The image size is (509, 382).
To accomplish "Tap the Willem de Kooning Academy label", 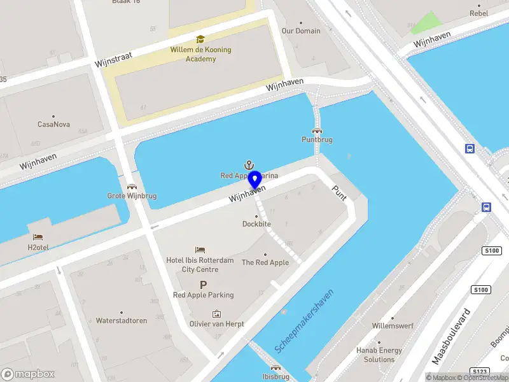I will click(201, 54).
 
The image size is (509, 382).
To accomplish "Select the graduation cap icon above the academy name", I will click(200, 39).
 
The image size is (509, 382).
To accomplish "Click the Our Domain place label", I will click(301, 31).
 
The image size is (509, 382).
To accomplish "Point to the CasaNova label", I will click(53, 125).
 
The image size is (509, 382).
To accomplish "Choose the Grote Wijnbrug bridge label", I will click(132, 196).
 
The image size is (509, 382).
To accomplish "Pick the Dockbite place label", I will click(256, 224).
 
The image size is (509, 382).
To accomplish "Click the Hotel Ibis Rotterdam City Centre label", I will click(200, 264).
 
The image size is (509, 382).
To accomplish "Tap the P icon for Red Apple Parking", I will click(203, 285).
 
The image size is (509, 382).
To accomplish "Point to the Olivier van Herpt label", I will click(216, 323).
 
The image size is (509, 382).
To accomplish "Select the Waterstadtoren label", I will click(122, 321).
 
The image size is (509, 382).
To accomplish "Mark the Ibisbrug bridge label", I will click(275, 376).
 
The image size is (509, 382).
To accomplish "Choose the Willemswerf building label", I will click(393, 325).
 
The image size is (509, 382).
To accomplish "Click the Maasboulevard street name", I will click(451, 337).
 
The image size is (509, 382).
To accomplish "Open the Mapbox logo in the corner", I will click(28, 374).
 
